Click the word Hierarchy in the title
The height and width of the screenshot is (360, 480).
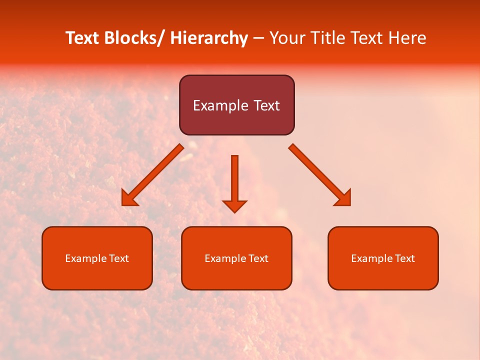tap(209, 38)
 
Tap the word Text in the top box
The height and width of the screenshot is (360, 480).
tap(266, 105)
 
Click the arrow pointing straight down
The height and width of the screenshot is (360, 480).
tap(234, 180)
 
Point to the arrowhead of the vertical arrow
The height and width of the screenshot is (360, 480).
tap(234, 205)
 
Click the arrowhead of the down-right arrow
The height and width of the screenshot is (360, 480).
tap(344, 199)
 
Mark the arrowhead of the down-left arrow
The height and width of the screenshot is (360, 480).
tap(128, 199)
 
